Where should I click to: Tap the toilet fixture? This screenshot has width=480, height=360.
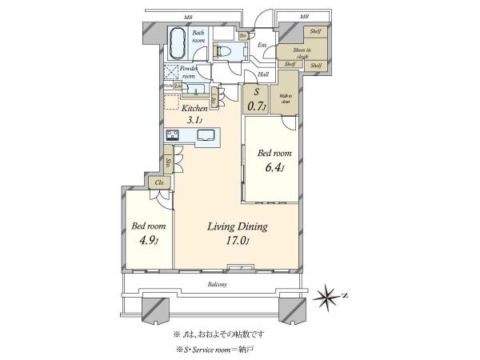point(224,50)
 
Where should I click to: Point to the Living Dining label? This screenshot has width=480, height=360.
point(237,227)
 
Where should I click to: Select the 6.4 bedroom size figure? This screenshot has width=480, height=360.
point(269,168)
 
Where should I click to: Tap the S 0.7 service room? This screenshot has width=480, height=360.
point(255,98)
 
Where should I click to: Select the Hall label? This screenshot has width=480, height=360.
point(262,74)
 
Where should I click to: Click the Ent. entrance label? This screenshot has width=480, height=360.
point(261,45)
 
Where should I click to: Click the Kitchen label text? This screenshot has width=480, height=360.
point(194,108)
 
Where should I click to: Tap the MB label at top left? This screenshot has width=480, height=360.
point(187,16)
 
